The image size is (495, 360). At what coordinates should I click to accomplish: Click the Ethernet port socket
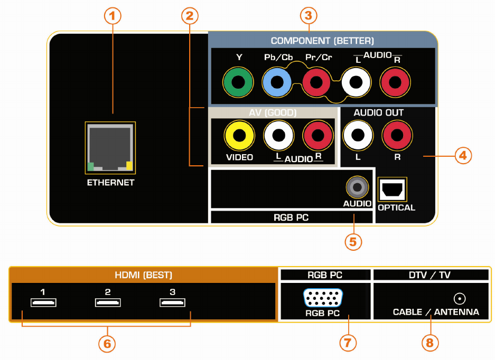point(110,148)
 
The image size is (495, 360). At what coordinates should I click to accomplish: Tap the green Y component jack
point(238,82)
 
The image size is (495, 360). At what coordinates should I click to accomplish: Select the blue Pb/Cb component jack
point(277,82)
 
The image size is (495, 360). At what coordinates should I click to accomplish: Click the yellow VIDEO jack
point(239,136)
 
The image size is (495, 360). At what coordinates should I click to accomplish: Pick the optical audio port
point(393,190)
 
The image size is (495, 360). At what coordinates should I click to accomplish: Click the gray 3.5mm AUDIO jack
point(357,187)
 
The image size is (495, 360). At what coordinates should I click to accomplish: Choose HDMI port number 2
point(108,302)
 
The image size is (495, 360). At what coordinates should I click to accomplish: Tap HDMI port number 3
point(172,302)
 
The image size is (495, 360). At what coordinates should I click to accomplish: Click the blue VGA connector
point(323,298)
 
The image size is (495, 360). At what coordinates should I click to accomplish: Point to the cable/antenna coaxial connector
point(460,298)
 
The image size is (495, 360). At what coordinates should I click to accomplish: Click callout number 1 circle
point(113,16)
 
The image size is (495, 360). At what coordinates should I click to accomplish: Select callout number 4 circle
point(463,156)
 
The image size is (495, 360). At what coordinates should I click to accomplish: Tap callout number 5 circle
point(353,242)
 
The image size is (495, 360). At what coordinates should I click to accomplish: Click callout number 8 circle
point(430,343)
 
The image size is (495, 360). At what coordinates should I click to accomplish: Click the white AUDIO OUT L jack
point(358,136)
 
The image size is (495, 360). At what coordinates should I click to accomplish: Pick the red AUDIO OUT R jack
point(397,136)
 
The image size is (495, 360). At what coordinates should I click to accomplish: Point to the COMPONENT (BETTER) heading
point(322,41)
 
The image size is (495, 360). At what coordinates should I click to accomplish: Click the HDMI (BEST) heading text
point(143,275)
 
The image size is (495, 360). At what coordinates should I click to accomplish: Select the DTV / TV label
point(429,275)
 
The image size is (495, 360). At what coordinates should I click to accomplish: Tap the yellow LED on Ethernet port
point(129,166)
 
